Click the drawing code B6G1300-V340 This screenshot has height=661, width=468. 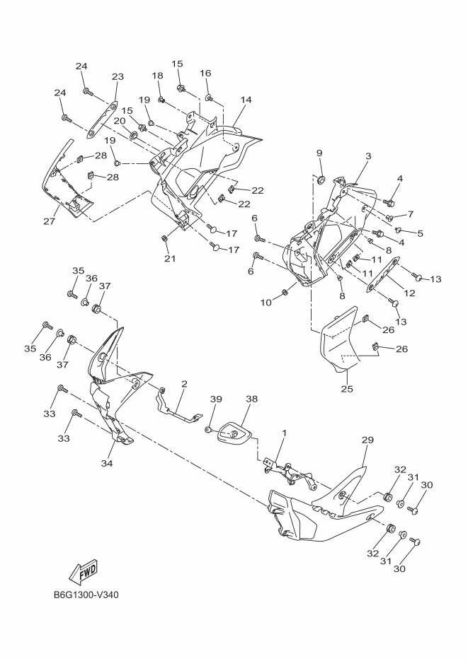coord(86,595)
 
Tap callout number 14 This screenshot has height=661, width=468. coord(246,100)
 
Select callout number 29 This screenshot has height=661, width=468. coord(367,440)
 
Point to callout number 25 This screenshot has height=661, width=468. coord(347,389)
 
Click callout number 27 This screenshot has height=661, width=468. coord(50,221)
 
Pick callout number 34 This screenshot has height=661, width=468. coord(107,463)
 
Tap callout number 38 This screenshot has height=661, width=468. coord(252,399)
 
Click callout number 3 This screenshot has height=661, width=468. coord(368,156)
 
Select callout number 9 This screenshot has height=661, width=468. coord(319,152)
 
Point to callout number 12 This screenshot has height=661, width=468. coord(409,293)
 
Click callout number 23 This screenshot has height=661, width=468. coord(118,76)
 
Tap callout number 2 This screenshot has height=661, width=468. coord(184,384)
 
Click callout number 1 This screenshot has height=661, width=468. coord(285,433)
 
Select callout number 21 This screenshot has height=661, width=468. coord(170,259)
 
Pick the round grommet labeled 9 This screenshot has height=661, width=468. coord(321,180)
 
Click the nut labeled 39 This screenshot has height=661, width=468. coord(208,429)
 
